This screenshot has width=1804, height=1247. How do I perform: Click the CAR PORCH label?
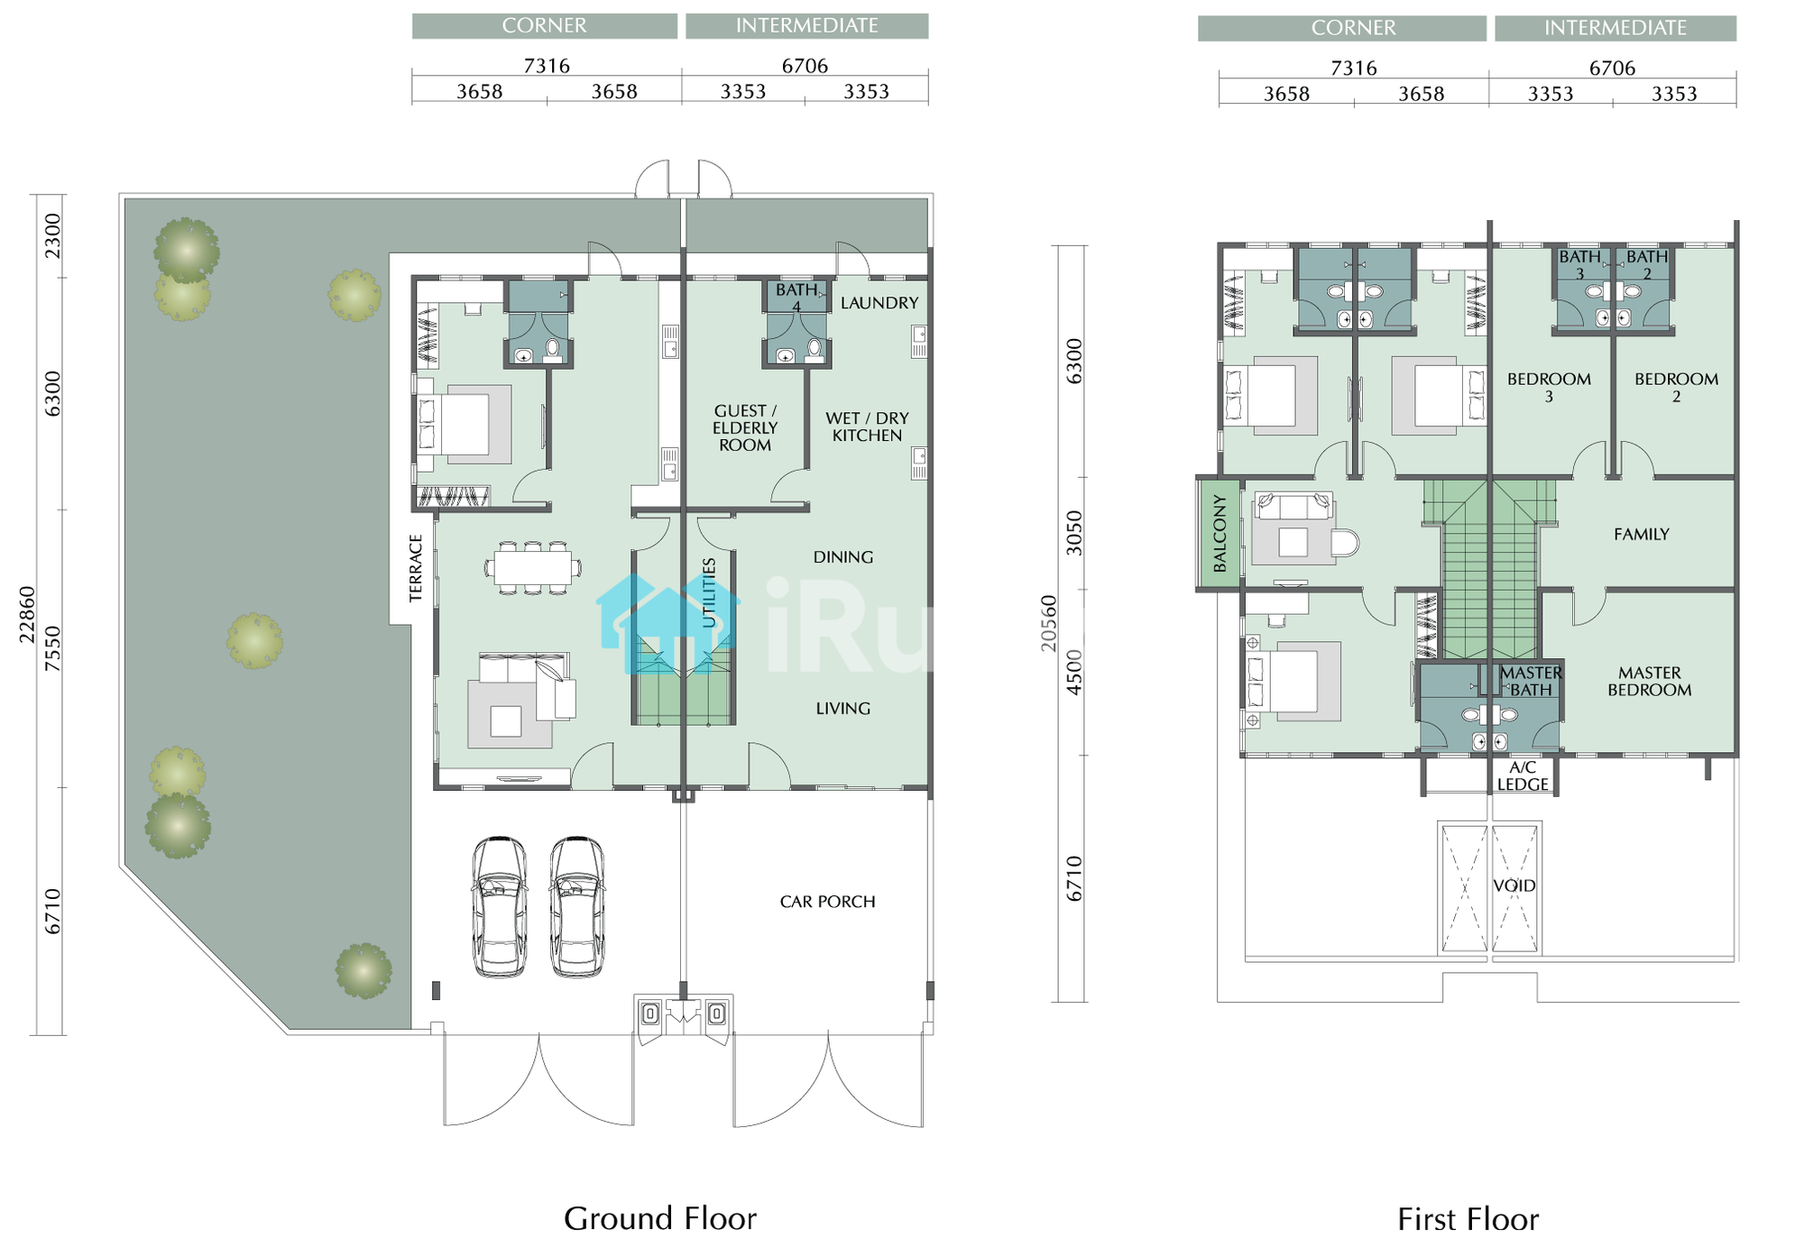click(827, 902)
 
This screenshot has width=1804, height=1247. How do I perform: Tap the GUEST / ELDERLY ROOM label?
click(745, 427)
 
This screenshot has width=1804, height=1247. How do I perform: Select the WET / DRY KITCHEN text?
click(867, 426)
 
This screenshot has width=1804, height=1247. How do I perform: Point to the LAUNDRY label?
click(879, 303)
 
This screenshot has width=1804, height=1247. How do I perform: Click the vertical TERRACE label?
click(416, 568)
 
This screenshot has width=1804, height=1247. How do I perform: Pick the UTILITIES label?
click(709, 592)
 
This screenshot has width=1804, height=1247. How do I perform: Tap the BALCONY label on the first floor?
click(1220, 533)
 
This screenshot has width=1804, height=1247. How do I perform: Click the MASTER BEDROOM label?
click(1649, 681)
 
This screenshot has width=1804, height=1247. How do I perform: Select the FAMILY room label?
click(1642, 534)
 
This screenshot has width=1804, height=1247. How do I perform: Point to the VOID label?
click(1514, 885)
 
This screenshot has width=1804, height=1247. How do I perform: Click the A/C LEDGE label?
click(1523, 775)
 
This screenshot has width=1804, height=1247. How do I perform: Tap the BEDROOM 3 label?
click(1549, 387)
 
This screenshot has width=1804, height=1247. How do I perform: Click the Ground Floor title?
click(660, 1218)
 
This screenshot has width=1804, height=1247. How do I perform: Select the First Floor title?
click(1468, 1219)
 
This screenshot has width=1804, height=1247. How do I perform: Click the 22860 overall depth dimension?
click(27, 615)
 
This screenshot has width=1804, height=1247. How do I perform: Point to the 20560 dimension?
click(1047, 623)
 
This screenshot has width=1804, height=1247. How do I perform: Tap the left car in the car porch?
click(500, 907)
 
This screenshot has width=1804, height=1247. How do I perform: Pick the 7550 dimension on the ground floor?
click(53, 648)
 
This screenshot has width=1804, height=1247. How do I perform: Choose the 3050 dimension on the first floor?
click(1073, 533)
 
